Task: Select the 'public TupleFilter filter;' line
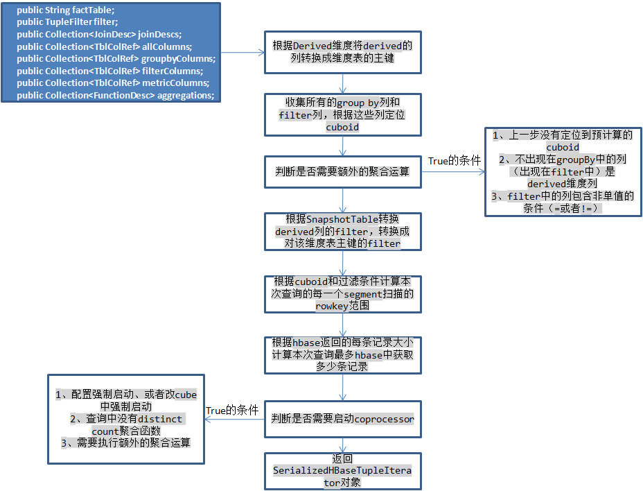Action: pos(67,22)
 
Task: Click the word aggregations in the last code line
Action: pos(186,95)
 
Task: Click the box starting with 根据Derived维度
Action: pos(342,52)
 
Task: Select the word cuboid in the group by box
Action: pos(342,127)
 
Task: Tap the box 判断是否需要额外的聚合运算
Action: pos(342,171)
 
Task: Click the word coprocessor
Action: pos(384,419)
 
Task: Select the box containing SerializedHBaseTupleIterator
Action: pos(342,471)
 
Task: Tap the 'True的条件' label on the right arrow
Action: pos(454,161)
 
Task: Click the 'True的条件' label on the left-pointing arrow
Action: pos(232,411)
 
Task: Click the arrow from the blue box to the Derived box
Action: pos(243,52)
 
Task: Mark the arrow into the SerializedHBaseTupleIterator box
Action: pos(343,445)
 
